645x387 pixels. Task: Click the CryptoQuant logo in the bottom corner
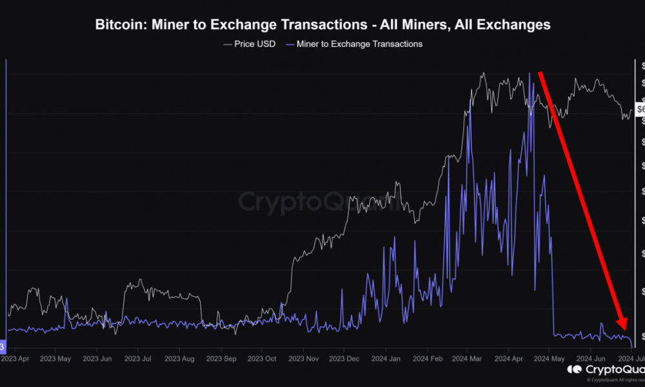pos(605,370)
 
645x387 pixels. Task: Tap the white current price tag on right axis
pos(640,109)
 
